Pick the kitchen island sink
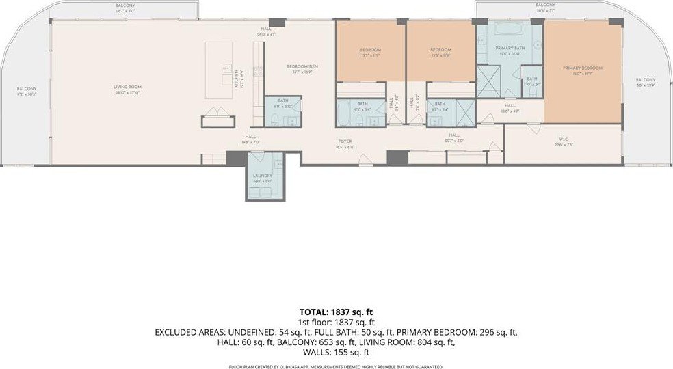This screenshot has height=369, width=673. tap(226, 69)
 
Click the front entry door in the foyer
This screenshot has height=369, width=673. tap(367, 160)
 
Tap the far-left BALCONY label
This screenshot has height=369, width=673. tap(27, 91)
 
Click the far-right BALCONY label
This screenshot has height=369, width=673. tap(645, 81)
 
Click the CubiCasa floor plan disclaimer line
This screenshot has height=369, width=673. tap(336, 366)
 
